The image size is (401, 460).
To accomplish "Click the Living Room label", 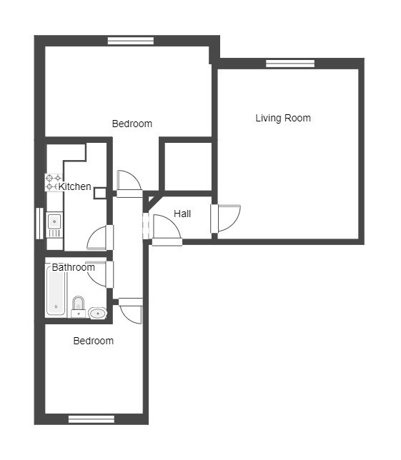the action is coord(283,118).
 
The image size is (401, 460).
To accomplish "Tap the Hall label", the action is coord(182,214).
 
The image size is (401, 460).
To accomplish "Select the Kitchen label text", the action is coord(74,186).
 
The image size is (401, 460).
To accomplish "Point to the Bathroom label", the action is coord(74,267).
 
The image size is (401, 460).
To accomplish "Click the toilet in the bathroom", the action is coord(79,307).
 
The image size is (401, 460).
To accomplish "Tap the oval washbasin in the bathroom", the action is coord(97,314).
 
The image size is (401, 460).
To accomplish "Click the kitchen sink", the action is coord(54,224).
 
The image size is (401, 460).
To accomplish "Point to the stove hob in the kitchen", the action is coord(54,182).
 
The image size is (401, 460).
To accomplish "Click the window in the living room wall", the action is coord(290,64).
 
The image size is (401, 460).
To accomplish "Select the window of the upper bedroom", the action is coord(131,41).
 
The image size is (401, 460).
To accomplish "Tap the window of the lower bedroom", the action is coord(91,419).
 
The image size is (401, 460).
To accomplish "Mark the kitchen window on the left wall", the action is coord(39,224).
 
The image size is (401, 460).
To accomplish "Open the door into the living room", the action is coord(226,219).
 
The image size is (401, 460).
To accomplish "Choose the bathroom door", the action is coord(100,274).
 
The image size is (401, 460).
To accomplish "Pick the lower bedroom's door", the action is coord(131,311).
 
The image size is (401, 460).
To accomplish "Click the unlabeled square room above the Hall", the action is coord(188,166).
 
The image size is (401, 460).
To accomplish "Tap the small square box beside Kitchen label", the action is coord(100,194).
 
